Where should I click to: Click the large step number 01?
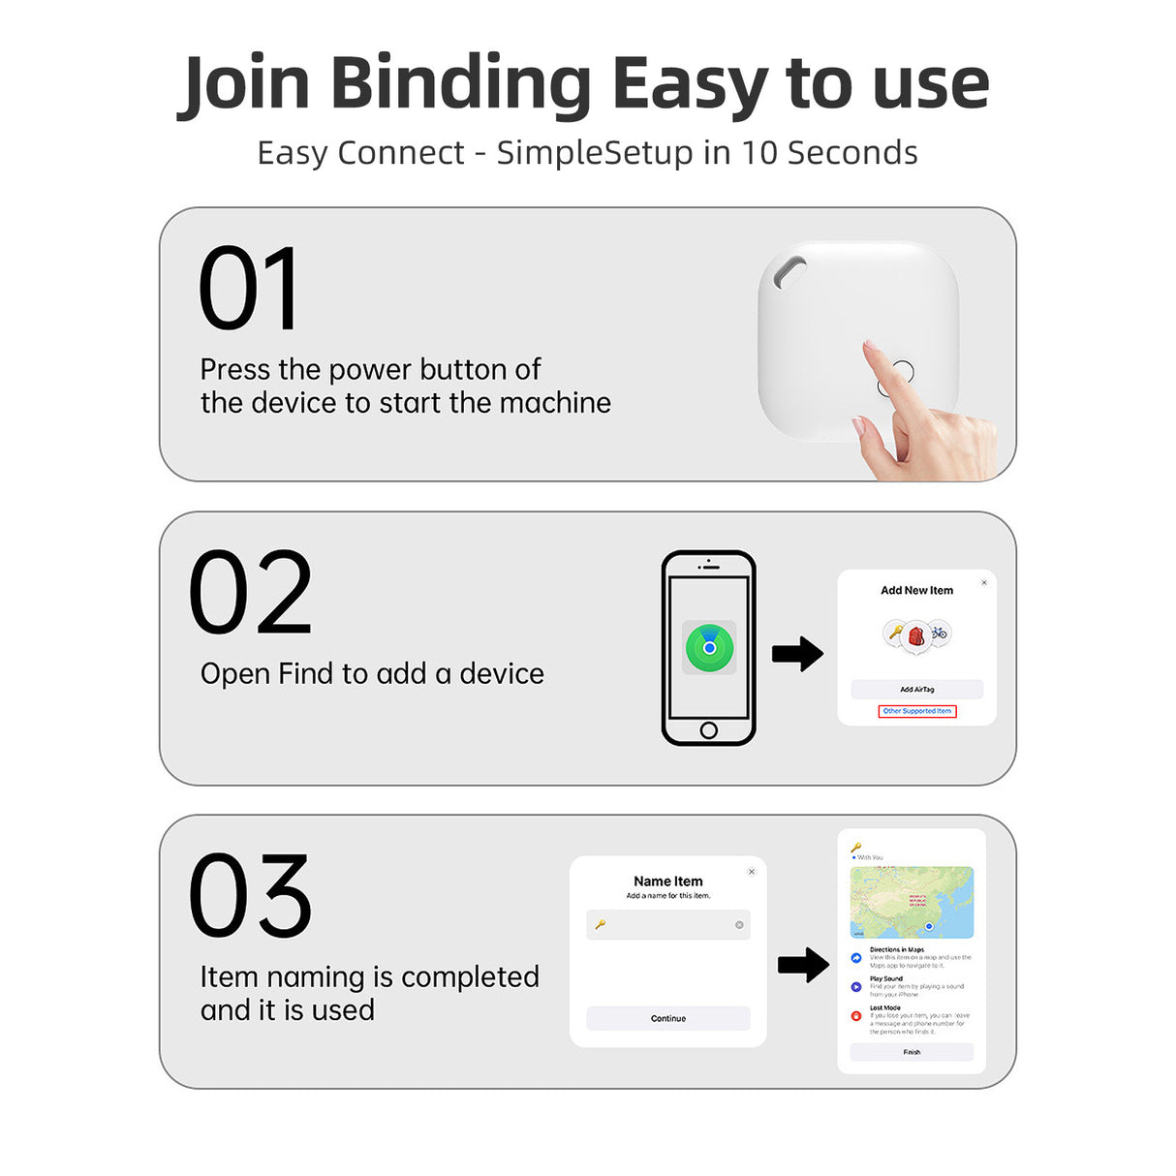tap(248, 289)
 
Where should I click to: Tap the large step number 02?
tap(250, 593)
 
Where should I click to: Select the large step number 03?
tap(250, 896)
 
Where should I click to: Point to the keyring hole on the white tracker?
tap(789, 273)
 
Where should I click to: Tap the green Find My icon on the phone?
tap(709, 647)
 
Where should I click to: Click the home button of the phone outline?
tap(708, 730)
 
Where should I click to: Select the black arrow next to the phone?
tap(797, 654)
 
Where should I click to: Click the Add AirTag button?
tap(916, 690)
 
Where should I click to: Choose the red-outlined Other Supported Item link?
tap(916, 711)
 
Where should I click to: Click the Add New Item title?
tap(916, 590)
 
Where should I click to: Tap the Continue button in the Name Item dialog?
tap(668, 1018)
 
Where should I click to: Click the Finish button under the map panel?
tap(912, 1052)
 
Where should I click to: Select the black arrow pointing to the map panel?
tap(803, 964)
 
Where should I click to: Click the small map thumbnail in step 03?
tap(912, 902)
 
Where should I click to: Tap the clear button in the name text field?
tap(739, 925)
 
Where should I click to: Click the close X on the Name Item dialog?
tap(752, 872)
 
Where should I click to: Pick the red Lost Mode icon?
tap(856, 1016)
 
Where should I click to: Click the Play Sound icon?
tap(856, 987)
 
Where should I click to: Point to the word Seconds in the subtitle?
tap(852, 153)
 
